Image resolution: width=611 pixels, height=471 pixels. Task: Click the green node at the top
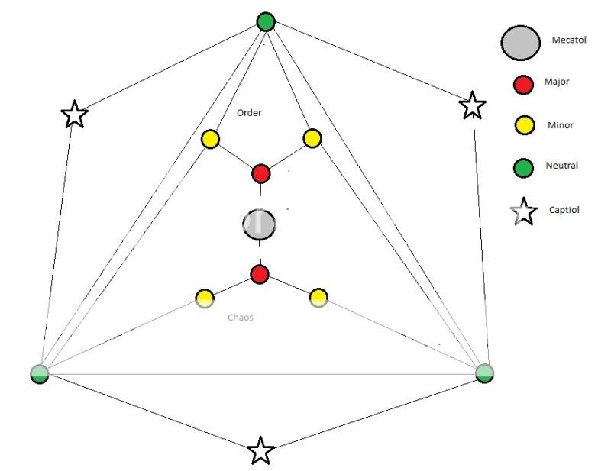[x=265, y=21]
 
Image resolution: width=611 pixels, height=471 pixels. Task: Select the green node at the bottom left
[x=39, y=373]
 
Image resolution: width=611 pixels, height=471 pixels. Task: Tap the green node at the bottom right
[x=484, y=373]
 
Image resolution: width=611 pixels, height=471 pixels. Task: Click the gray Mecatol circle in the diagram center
[x=259, y=224]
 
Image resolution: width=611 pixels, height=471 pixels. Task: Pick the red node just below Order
[x=260, y=173]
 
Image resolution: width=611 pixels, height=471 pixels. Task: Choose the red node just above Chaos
[x=260, y=273]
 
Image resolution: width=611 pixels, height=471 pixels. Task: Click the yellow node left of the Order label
[x=210, y=139]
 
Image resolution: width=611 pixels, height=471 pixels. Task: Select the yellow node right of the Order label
[x=312, y=138]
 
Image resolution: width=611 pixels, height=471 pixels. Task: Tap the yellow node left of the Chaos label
[x=204, y=298]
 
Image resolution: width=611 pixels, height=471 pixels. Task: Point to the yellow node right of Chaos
[x=318, y=297]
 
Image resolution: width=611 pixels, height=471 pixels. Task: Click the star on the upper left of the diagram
[x=74, y=115]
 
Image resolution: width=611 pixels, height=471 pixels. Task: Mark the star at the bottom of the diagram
[x=260, y=450]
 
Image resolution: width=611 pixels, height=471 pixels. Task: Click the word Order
[x=249, y=113]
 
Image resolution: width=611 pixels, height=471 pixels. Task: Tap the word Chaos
[x=240, y=317]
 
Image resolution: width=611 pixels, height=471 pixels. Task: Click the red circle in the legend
[x=522, y=85]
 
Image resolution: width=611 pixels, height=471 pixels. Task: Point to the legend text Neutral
[x=562, y=165]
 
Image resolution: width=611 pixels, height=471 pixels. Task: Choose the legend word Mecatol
[x=569, y=40]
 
